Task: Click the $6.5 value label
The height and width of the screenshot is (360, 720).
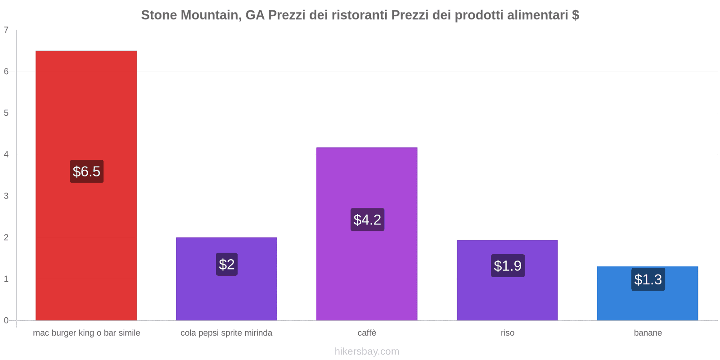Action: pyautogui.click(x=86, y=171)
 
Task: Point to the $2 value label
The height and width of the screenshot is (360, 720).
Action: pyautogui.click(x=227, y=264)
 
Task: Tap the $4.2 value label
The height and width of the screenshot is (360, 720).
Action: pyautogui.click(x=367, y=220)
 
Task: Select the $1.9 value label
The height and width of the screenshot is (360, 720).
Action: pyautogui.click(x=508, y=265)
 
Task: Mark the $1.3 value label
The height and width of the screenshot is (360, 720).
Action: pyautogui.click(x=648, y=279)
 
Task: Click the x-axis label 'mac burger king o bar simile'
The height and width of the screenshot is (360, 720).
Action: pyautogui.click(x=86, y=333)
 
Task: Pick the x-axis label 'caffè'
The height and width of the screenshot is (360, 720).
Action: pyautogui.click(x=367, y=333)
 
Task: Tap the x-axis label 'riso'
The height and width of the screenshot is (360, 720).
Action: pyautogui.click(x=508, y=333)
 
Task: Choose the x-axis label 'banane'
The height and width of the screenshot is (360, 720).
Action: pyautogui.click(x=648, y=333)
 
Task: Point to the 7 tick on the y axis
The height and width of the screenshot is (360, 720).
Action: pyautogui.click(x=6, y=30)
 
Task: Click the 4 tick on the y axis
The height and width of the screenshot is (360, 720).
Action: pyautogui.click(x=6, y=154)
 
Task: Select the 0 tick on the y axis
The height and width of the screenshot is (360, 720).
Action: pyautogui.click(x=6, y=320)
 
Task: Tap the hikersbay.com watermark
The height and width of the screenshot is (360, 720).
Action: pyautogui.click(x=367, y=351)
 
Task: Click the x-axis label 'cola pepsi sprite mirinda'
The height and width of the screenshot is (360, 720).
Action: pyautogui.click(x=226, y=333)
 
